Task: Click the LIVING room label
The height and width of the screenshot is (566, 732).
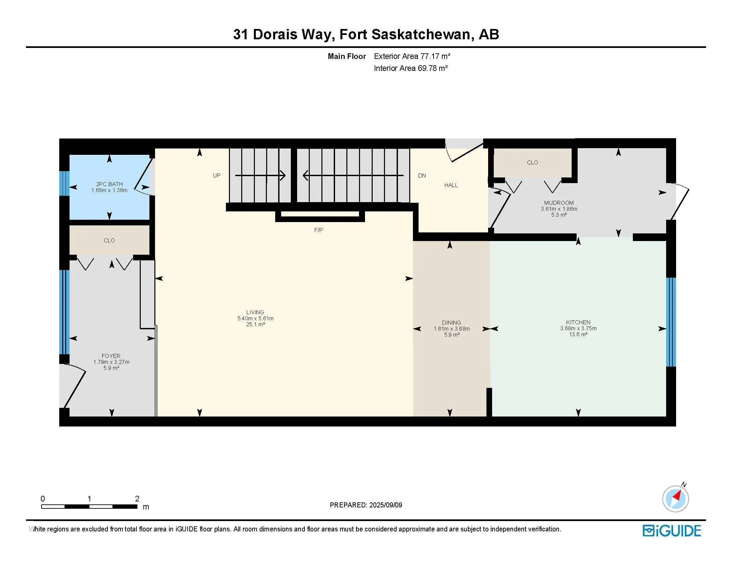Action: pyautogui.click(x=255, y=312)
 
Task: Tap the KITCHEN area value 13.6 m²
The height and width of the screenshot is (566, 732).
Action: pyautogui.click(x=578, y=335)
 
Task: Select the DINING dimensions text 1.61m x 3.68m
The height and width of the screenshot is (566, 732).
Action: pyautogui.click(x=452, y=329)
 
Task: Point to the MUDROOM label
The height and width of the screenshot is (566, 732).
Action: pyautogui.click(x=559, y=202)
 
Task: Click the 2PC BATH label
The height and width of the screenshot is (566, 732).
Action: pyautogui.click(x=109, y=184)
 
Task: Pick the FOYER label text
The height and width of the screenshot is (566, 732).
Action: pyautogui.click(x=111, y=356)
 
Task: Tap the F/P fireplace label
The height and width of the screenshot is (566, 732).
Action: pyautogui.click(x=318, y=230)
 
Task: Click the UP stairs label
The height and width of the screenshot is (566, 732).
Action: pyautogui.click(x=217, y=175)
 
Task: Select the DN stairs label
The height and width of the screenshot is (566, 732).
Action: pyautogui.click(x=422, y=175)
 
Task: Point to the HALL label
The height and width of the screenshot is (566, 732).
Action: pyautogui.click(x=451, y=185)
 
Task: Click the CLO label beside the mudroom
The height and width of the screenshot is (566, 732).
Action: pyautogui.click(x=532, y=162)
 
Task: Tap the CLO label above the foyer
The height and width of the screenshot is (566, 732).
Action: pyautogui.click(x=109, y=240)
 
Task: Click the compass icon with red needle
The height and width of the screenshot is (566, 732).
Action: pyautogui.click(x=675, y=499)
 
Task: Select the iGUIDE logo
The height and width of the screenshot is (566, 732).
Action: pyautogui.click(x=672, y=530)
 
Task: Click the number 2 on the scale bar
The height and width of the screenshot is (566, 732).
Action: pyautogui.click(x=137, y=499)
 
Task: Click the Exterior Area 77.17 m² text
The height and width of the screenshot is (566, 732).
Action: pyautogui.click(x=412, y=56)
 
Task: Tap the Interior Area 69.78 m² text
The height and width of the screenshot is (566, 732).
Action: pyautogui.click(x=411, y=68)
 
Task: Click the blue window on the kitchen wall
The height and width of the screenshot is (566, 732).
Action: pyautogui.click(x=671, y=322)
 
